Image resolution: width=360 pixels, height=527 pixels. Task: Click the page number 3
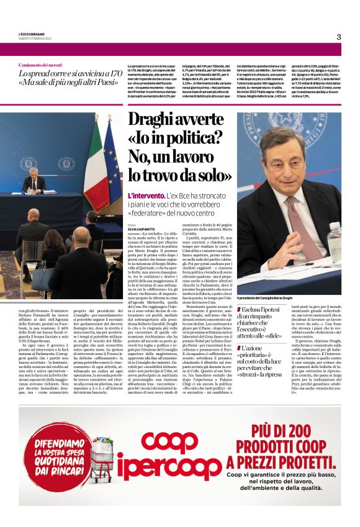click(339, 37)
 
